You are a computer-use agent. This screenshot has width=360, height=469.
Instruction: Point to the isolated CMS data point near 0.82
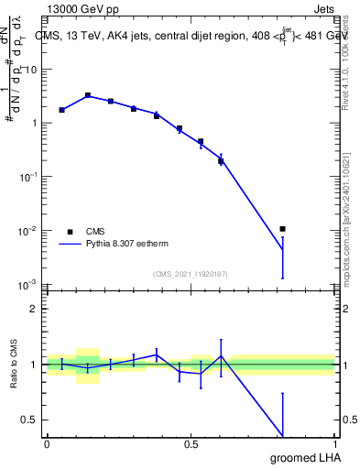tap(283, 229)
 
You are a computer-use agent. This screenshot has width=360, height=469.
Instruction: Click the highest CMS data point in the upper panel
tap(88, 95)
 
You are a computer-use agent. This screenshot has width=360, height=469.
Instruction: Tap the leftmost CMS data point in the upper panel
tap(61, 110)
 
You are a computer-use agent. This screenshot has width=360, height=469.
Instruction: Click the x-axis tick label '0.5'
tap(191, 444)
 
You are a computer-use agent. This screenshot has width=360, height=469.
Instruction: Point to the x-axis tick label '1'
tap(334, 444)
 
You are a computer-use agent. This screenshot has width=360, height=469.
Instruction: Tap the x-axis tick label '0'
tap(47, 444)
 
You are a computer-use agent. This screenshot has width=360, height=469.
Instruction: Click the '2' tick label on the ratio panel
tap(34, 309)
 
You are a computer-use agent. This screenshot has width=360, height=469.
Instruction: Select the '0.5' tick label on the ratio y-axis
tap(28, 420)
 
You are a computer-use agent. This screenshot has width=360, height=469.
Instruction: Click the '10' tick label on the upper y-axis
tap(29, 69)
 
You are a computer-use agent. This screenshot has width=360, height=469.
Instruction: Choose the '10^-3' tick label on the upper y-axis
tap(27, 284)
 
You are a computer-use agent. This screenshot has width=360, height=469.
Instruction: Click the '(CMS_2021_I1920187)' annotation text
tap(191, 274)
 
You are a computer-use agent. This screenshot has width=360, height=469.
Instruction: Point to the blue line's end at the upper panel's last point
tap(283, 249)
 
